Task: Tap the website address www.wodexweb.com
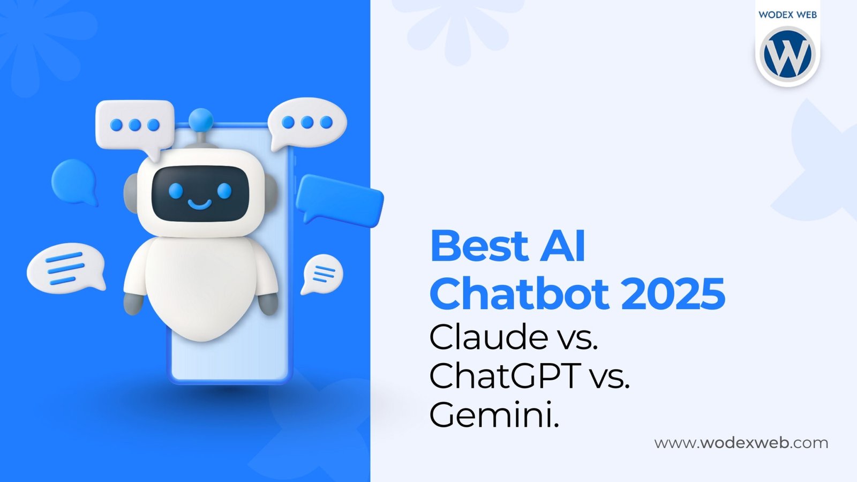[741, 443]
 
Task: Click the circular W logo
[787, 55]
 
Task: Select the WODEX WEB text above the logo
[787, 14]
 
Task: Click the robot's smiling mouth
[199, 205]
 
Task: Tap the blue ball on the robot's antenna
[201, 119]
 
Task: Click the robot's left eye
[176, 190]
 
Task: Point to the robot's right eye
[224, 190]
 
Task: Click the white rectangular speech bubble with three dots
[135, 125]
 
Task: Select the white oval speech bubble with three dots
[307, 123]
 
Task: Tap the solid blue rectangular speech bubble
[340, 199]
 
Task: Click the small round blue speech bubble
[74, 180]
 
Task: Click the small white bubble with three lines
[323, 274]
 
